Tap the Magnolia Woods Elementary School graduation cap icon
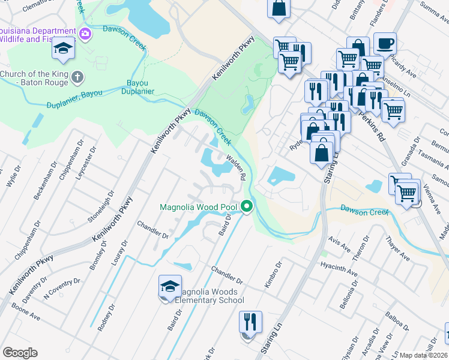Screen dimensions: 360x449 (169, 286)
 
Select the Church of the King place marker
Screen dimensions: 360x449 (77, 77)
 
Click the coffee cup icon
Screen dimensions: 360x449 (385, 43)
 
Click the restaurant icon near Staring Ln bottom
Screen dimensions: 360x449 (250, 322)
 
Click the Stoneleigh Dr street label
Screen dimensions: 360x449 (100, 206)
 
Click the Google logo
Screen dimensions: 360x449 (20, 353)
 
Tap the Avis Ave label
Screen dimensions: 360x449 (340, 244)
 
